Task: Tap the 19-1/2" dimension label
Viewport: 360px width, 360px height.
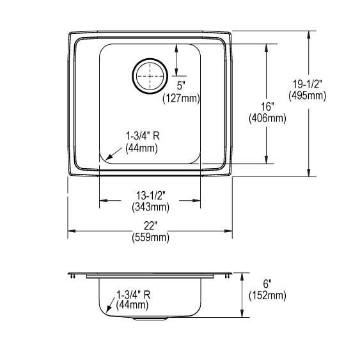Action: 307,84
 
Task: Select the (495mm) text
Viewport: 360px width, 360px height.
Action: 307,95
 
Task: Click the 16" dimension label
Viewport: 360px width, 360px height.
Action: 267,107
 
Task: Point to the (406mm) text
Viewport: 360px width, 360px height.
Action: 267,118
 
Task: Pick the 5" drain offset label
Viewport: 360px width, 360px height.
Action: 181,86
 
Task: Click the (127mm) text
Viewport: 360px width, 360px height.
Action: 181,98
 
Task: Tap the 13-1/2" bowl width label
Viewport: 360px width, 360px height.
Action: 151,196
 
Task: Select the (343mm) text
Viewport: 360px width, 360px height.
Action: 151,207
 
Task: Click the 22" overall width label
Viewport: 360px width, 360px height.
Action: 150,226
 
